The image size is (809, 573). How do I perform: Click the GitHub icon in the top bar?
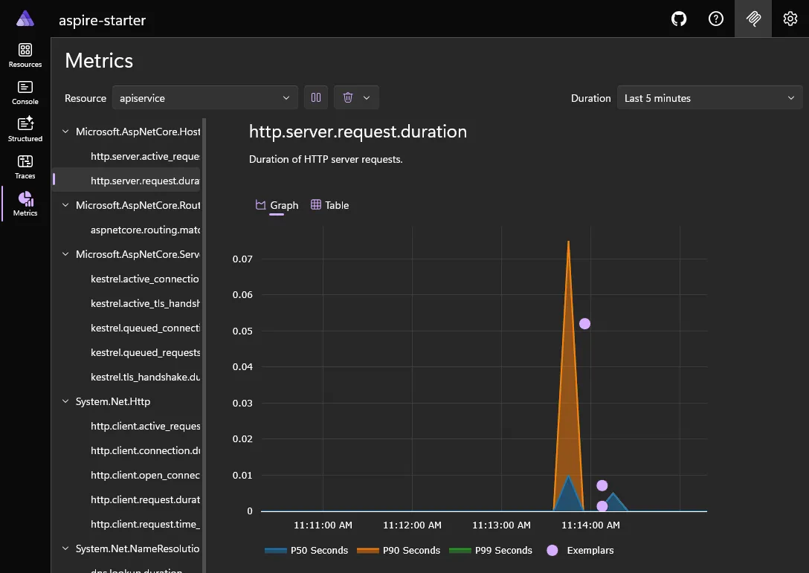tap(679, 19)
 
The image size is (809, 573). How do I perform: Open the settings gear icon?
tap(790, 19)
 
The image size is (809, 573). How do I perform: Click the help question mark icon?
tap(716, 19)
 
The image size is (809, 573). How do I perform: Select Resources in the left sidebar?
tap(25, 55)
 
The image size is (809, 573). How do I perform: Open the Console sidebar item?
tap(25, 92)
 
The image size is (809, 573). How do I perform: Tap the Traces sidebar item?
tap(25, 166)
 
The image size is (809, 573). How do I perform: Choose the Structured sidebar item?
tap(25, 129)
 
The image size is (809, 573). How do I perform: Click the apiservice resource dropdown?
tap(204, 98)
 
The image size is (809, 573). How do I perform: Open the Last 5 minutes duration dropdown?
tap(709, 98)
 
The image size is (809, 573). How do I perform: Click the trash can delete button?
tap(348, 98)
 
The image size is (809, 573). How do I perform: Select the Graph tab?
tap(277, 205)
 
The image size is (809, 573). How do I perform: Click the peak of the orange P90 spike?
tap(569, 242)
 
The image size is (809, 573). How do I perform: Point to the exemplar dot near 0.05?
tap(584, 323)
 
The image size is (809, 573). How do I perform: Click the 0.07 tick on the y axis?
tap(242, 259)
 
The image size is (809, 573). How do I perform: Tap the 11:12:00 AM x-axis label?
tap(412, 525)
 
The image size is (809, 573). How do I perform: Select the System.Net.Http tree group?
tap(112, 401)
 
